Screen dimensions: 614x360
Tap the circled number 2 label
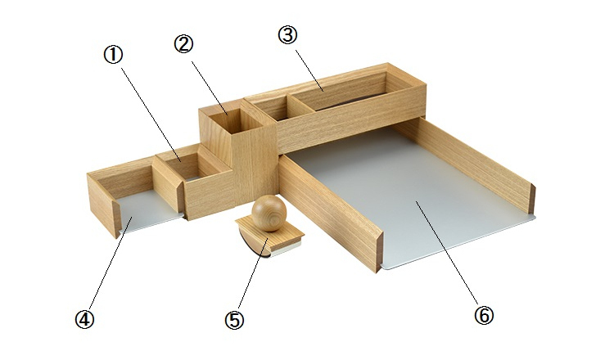pos(183,44)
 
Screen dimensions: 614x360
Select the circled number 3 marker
pos(288,35)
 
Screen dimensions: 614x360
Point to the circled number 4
pos(84,319)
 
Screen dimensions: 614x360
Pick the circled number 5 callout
pos(234,320)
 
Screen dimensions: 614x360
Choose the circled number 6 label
pos(484,315)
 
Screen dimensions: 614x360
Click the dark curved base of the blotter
pos(251,245)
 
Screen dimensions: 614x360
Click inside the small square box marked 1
pos(187,167)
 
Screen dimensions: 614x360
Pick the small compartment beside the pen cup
pos(271,108)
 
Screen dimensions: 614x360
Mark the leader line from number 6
pos(447,252)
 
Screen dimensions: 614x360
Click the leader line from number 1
pos(150,115)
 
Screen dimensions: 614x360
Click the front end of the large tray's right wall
pos(532,198)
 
